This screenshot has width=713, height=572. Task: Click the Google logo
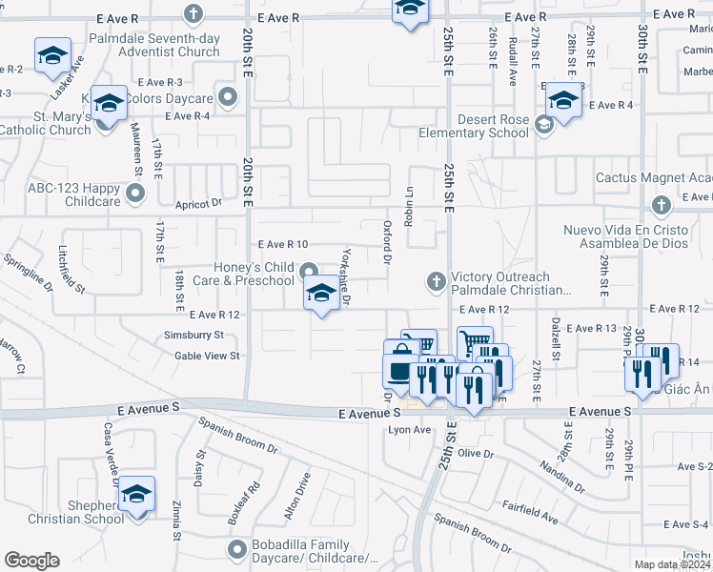pyautogui.click(x=31, y=560)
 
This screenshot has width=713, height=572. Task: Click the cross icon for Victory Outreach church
pyautogui.click(x=436, y=280)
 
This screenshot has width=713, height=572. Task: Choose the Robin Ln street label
pyautogui.click(x=410, y=204)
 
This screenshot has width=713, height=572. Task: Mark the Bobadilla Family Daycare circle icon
pyautogui.click(x=237, y=549)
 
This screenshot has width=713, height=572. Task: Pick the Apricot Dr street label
pyautogui.click(x=198, y=203)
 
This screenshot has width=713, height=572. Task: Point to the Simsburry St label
pyautogui.click(x=193, y=336)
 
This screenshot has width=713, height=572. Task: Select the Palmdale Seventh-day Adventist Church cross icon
pyautogui.click(x=194, y=14)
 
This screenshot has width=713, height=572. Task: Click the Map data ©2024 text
pyautogui.click(x=671, y=564)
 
